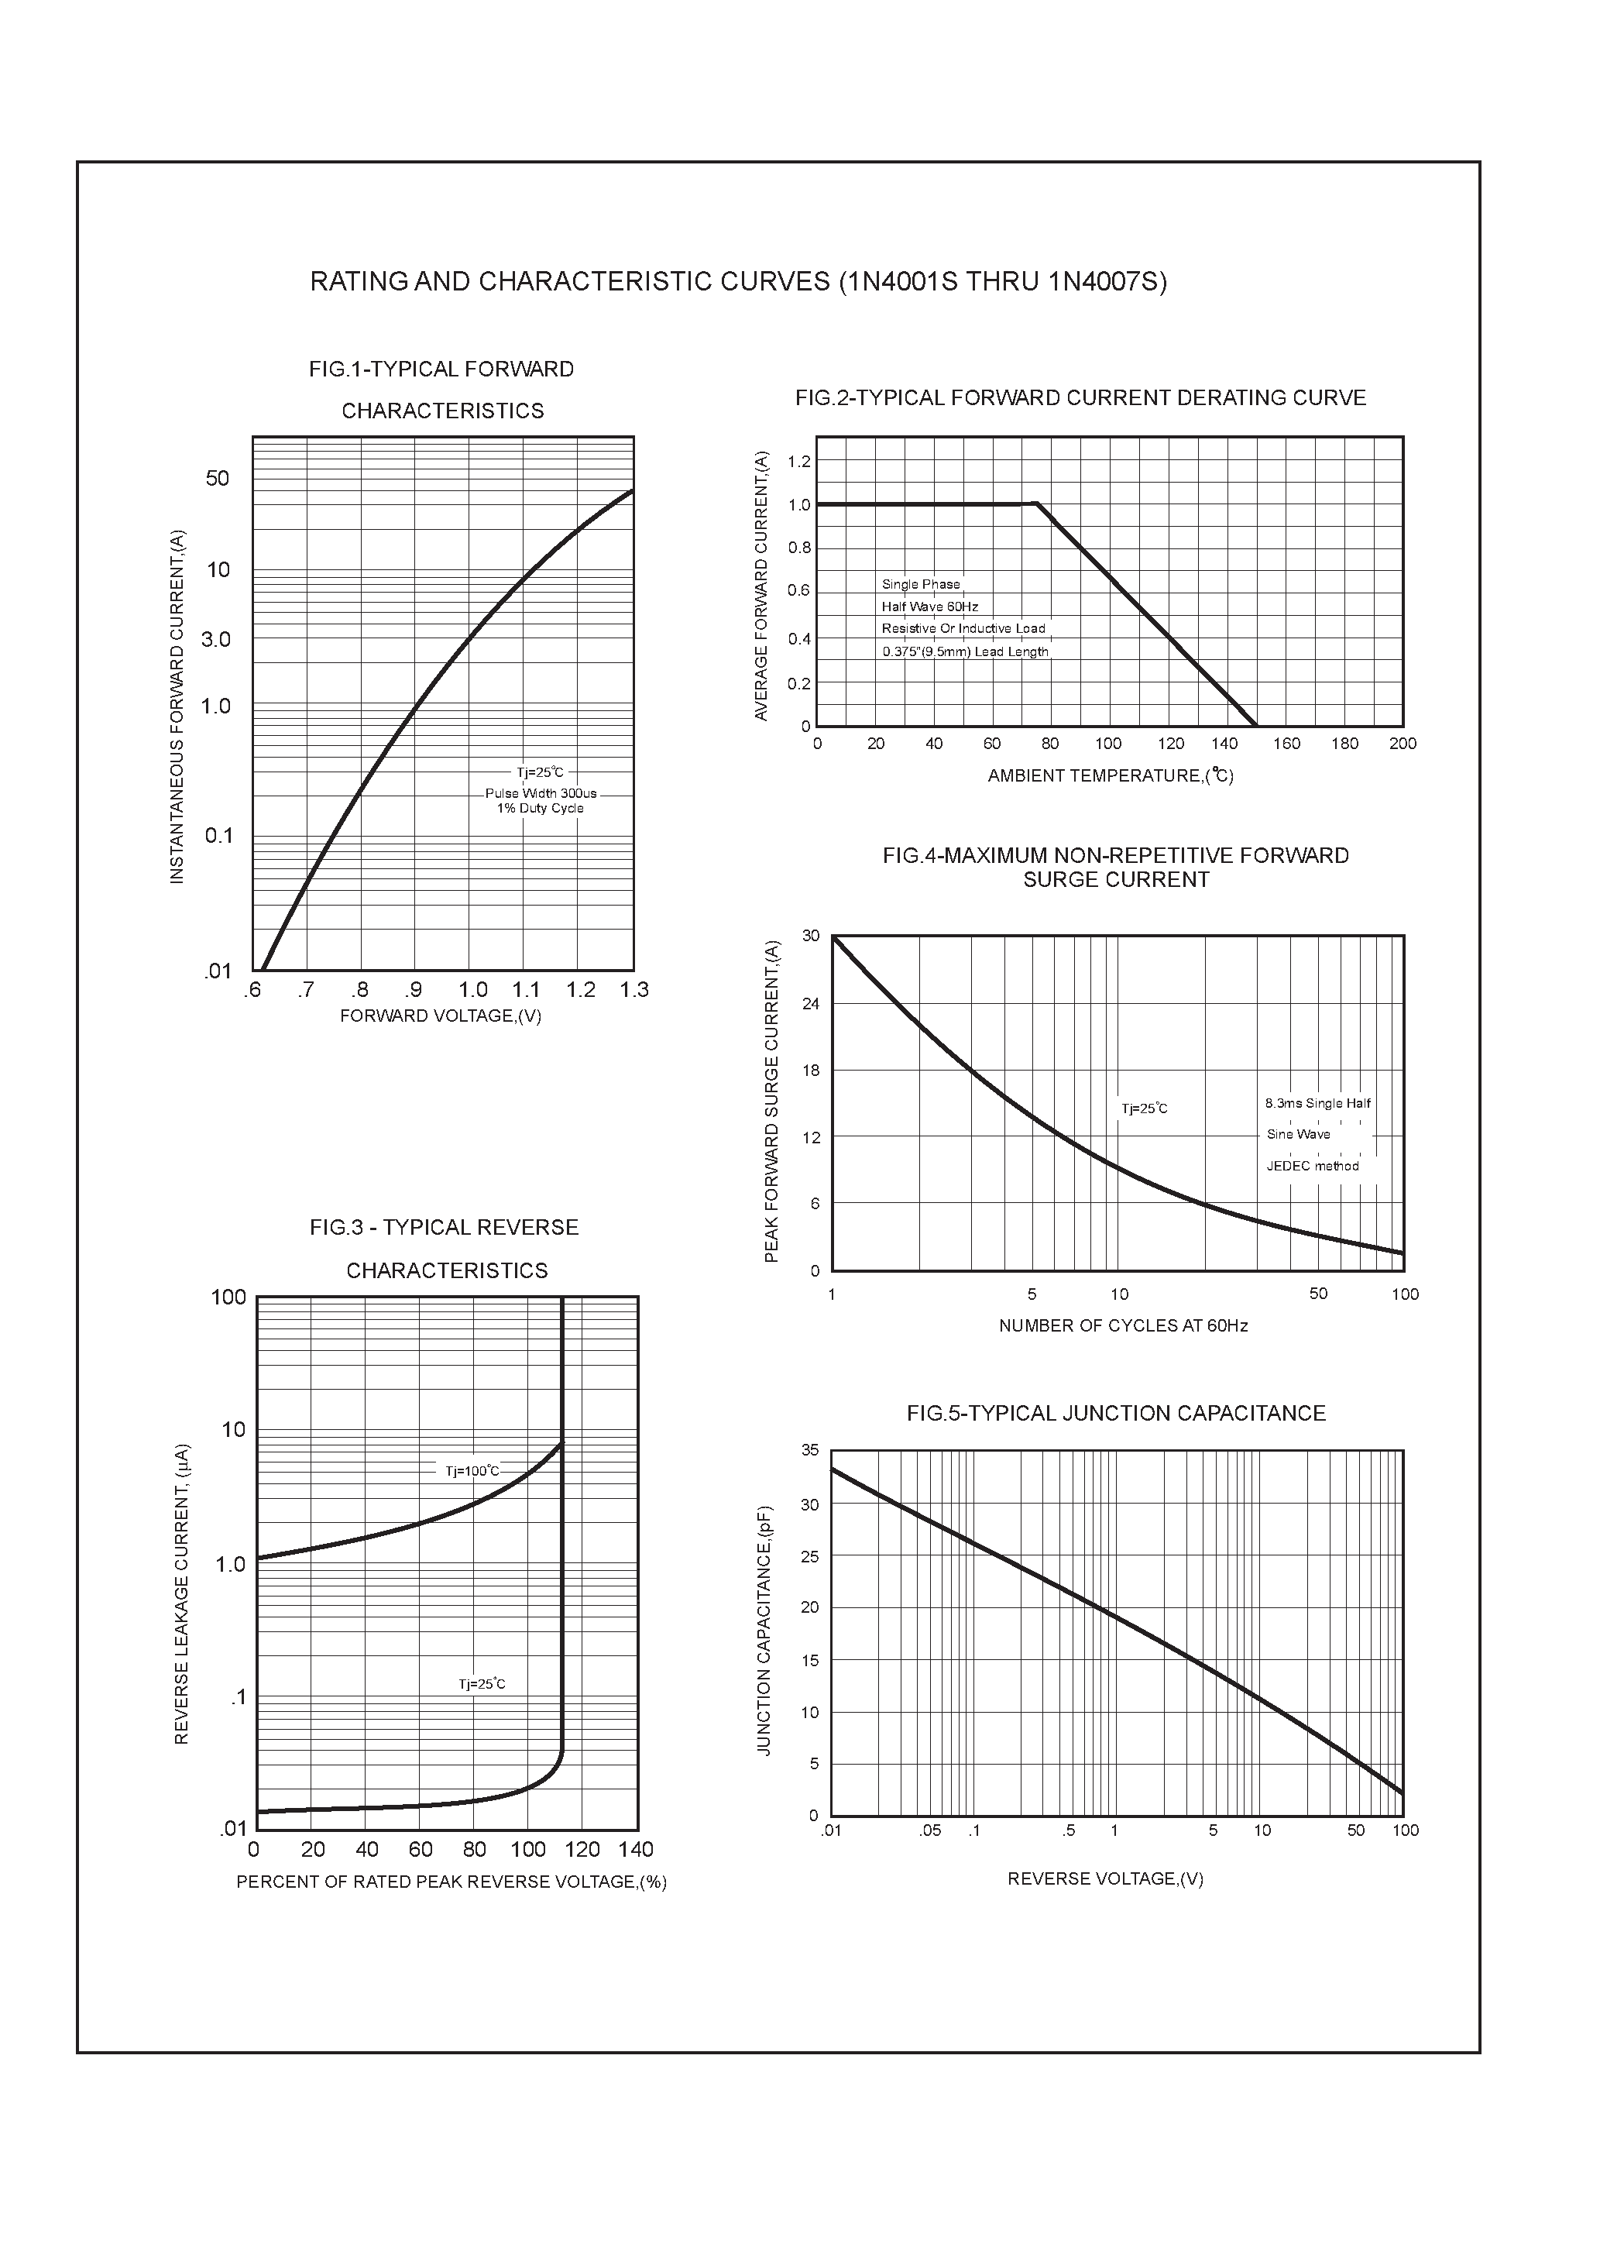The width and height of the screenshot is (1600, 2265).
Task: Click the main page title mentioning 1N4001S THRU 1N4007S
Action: click(x=738, y=282)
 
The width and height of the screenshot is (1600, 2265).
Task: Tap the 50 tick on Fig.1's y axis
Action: click(x=217, y=479)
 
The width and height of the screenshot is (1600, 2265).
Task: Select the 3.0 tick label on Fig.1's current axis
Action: click(x=215, y=639)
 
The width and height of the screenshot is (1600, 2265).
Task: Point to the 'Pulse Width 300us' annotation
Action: click(x=541, y=793)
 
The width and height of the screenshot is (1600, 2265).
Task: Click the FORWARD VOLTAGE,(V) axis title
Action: click(x=440, y=1016)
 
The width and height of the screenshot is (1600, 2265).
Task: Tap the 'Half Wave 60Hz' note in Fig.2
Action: click(x=929, y=607)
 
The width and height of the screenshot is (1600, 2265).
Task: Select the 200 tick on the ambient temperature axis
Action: click(x=1402, y=744)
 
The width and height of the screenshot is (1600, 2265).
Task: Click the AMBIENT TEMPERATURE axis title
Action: click(x=1110, y=775)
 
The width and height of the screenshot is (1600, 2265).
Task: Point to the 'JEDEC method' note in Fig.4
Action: click(x=1312, y=1166)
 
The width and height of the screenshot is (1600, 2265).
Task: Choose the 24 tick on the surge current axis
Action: click(x=811, y=1004)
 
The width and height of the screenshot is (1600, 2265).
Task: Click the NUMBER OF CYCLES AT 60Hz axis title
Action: click(x=1123, y=1326)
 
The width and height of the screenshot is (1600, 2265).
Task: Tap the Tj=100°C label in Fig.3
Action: click(x=472, y=1471)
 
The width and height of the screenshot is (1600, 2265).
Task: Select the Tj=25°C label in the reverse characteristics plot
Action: click(x=482, y=1684)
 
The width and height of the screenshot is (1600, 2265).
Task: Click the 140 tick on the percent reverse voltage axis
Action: click(x=635, y=1850)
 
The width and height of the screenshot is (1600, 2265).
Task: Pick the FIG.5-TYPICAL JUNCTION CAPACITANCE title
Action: click(x=1116, y=1414)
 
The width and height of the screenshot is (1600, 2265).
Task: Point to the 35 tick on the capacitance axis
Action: click(x=810, y=1450)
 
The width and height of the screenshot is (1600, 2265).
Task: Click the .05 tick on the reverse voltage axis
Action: click(x=929, y=1831)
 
